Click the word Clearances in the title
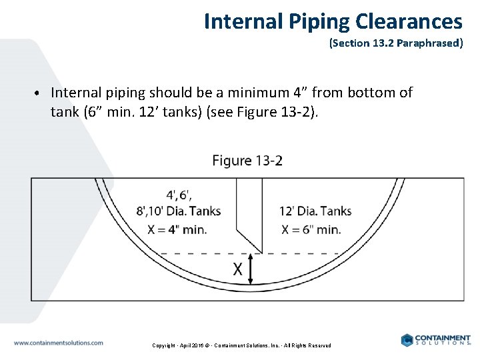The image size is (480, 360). pos(409,21)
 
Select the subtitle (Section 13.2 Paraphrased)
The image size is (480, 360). pos(395,45)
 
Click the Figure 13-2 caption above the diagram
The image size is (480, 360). pos(247,161)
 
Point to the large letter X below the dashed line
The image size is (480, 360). pos(237,269)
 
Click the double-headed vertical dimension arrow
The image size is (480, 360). pos(251,270)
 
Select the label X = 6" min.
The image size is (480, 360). pos(311,229)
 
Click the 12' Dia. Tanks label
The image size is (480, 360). pos(315,212)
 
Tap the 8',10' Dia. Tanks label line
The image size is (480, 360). pos(178,212)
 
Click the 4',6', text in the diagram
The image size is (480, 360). pos(179,195)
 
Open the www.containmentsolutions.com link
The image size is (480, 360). pos(59,343)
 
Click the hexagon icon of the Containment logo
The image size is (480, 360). pos(407,340)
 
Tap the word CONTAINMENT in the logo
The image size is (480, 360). pos(442,338)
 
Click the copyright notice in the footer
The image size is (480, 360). pos(241,345)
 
